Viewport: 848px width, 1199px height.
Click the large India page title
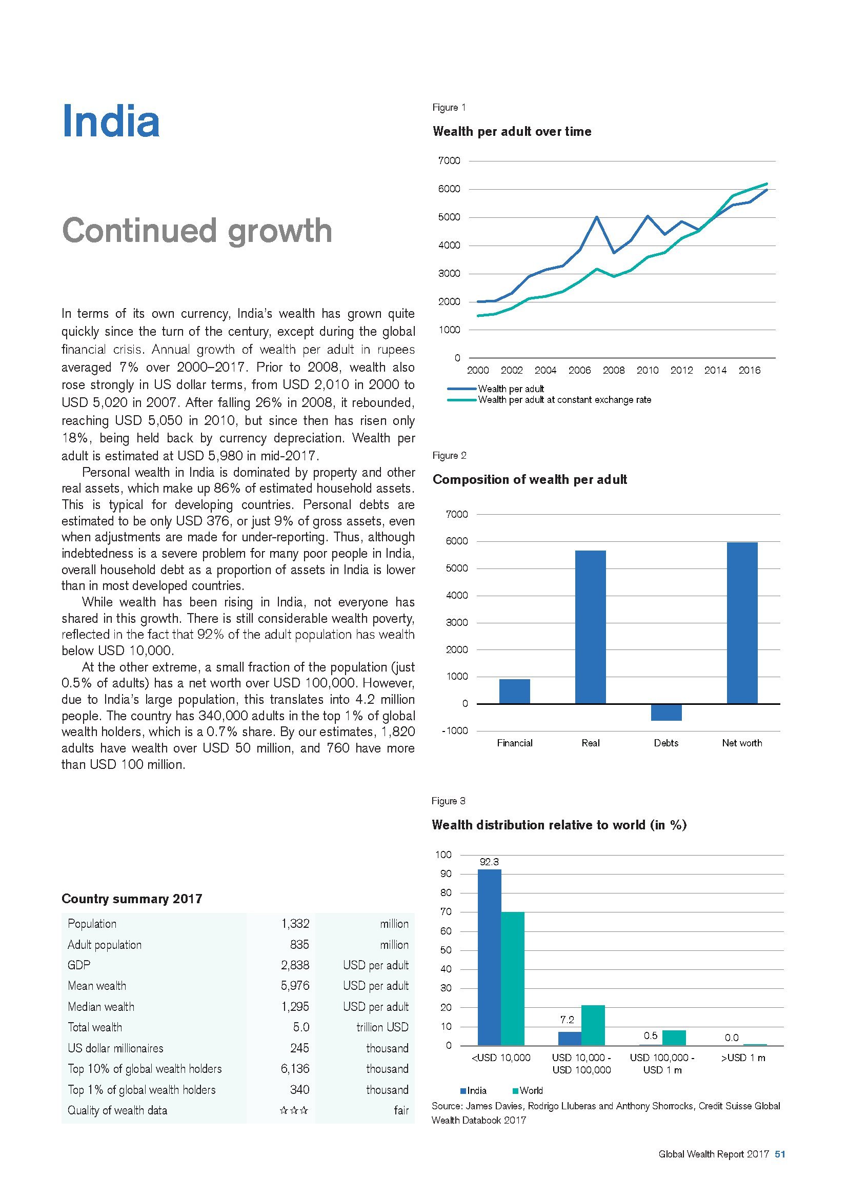[110, 121]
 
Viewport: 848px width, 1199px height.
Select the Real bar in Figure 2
[590, 626]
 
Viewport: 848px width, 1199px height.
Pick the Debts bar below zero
[666, 713]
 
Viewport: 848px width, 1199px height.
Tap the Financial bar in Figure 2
[514, 691]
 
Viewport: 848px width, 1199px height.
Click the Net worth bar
[741, 622]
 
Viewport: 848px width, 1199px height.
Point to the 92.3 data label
[489, 862]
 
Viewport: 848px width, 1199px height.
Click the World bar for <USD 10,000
[512, 979]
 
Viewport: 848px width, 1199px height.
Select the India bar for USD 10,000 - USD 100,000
[569, 1039]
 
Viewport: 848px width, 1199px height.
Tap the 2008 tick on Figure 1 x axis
[614, 370]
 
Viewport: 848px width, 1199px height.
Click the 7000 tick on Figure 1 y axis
[449, 161]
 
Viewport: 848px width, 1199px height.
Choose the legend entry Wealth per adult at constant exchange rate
[564, 400]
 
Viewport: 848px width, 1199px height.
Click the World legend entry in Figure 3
[531, 1091]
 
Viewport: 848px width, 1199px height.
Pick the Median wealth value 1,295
[295, 1006]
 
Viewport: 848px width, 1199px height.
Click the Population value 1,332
[295, 924]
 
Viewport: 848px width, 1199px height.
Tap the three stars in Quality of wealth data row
[294, 1110]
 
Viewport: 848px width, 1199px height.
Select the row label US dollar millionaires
[115, 1048]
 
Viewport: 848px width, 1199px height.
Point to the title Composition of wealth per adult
[530, 479]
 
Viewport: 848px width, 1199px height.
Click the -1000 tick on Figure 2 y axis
[455, 730]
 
